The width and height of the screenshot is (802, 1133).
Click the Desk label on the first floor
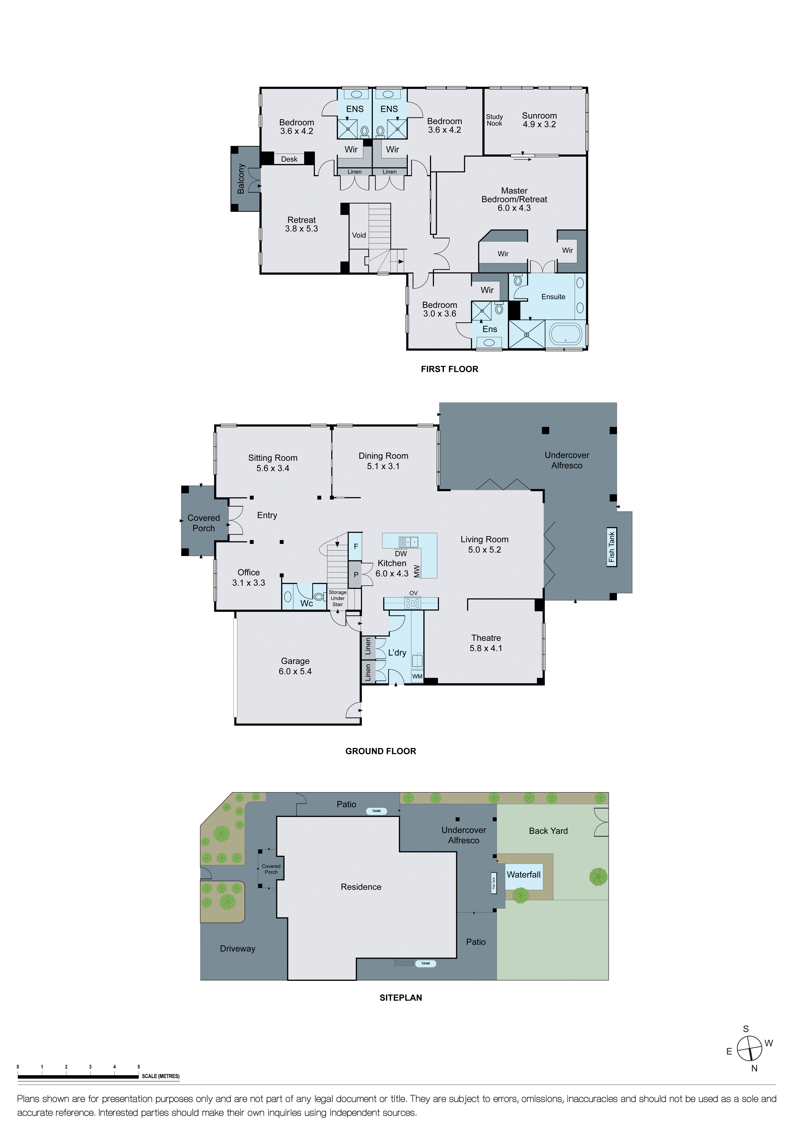[x=289, y=159]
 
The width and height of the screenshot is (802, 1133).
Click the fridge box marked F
[x=356, y=546]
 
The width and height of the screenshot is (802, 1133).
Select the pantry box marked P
[x=356, y=574]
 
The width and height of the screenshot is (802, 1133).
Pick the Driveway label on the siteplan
[x=238, y=948]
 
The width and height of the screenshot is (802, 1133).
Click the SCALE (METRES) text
[x=160, y=1076]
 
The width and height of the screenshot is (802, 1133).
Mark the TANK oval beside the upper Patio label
[x=376, y=811]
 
